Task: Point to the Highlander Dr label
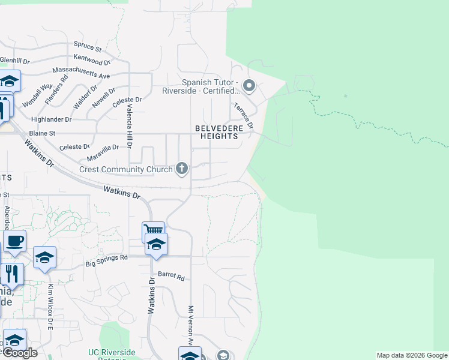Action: pyautogui.click(x=51, y=119)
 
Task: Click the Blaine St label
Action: pyautogui.click(x=42, y=133)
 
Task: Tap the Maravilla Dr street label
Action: pyautogui.click(x=103, y=148)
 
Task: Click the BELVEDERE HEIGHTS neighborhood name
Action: pyautogui.click(x=217, y=132)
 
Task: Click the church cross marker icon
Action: pyautogui.click(x=182, y=169)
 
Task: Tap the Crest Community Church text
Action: pyautogui.click(x=127, y=170)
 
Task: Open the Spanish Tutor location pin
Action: pyautogui.click(x=249, y=86)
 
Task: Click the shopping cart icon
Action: pyautogui.click(x=153, y=230)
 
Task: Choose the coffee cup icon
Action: pyautogui.click(x=14, y=241)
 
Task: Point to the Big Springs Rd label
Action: pyautogui.click(x=107, y=260)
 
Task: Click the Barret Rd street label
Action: pyautogui.click(x=171, y=276)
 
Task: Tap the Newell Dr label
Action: pyautogui.click(x=104, y=98)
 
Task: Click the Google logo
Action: pyautogui.click(x=20, y=353)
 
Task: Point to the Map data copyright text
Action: pyautogui.click(x=412, y=355)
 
